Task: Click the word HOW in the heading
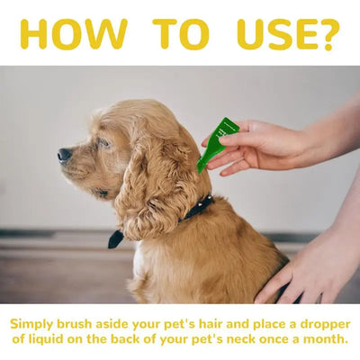(74, 34)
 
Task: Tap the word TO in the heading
(181, 34)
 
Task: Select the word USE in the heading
(277, 34)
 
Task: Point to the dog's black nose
(65, 155)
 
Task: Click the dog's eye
(104, 142)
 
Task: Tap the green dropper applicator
(217, 145)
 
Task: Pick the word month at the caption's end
(324, 339)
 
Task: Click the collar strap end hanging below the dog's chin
(115, 239)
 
